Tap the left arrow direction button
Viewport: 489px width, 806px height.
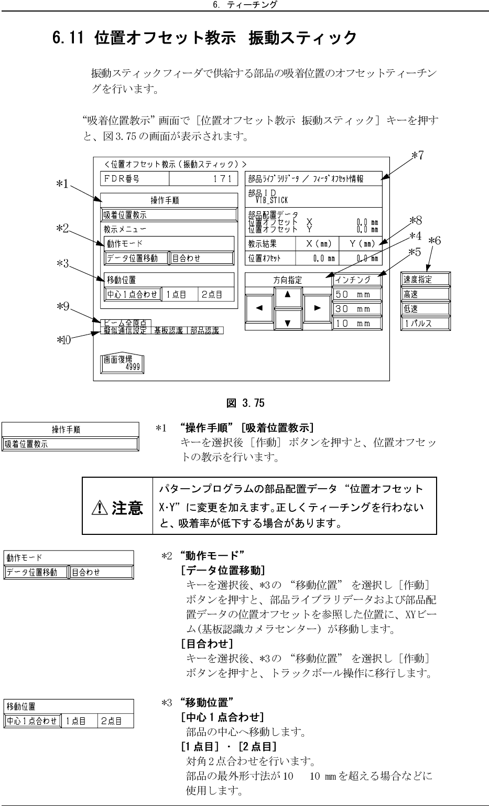[259, 308]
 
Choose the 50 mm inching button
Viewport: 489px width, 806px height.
[356, 295]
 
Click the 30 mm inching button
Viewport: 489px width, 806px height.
[356, 309]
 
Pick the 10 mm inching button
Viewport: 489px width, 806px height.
[356, 324]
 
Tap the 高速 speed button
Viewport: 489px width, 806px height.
[425, 295]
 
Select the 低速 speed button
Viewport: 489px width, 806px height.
[425, 309]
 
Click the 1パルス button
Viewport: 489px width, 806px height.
[425, 324]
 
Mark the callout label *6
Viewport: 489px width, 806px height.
[434, 241]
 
